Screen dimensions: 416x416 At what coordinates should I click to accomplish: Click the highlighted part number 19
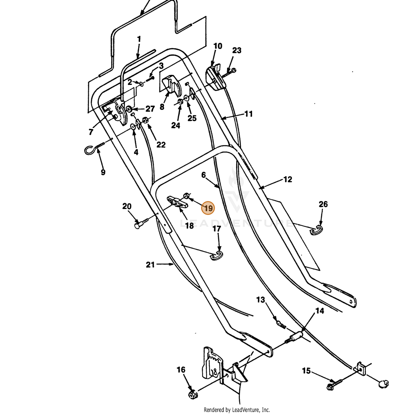[x=208, y=208]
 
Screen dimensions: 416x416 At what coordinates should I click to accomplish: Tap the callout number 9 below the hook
[x=103, y=172]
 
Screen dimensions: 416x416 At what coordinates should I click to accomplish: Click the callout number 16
[x=181, y=370]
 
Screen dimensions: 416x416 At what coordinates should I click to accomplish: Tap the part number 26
[x=323, y=204]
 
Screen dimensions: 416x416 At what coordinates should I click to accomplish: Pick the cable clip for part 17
[x=217, y=256]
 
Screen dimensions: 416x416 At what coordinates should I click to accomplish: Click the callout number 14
[x=320, y=311]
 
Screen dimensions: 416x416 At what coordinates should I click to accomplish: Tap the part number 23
[x=237, y=50]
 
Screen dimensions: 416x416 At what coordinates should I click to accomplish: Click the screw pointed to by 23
[x=229, y=73]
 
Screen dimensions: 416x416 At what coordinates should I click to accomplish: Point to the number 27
[x=150, y=109]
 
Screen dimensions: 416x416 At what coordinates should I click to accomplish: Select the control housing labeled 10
[x=215, y=78]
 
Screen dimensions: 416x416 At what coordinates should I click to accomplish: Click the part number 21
[x=150, y=265]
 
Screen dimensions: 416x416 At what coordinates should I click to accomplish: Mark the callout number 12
[x=287, y=179]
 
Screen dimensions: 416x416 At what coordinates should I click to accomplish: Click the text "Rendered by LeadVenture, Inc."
[x=237, y=409]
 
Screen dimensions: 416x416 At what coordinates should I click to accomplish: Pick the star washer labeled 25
[x=186, y=98]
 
